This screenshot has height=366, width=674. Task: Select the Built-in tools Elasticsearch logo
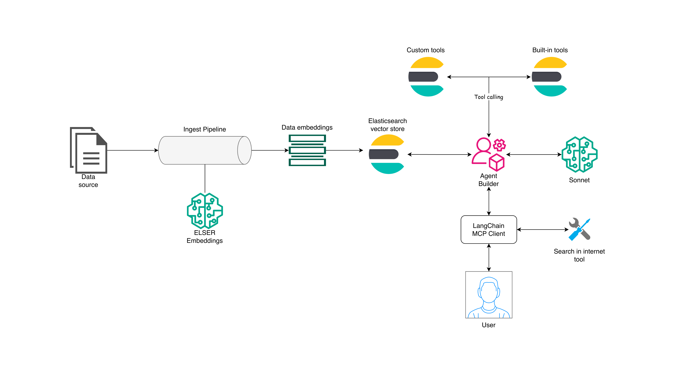click(x=549, y=77)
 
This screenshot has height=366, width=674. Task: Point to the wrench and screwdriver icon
click(x=579, y=229)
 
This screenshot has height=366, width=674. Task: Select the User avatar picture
click(x=489, y=295)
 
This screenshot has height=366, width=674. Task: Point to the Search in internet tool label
click(x=579, y=255)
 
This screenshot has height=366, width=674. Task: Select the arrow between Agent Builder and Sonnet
click(x=534, y=155)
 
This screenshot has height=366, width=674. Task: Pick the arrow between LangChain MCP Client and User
click(x=489, y=257)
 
